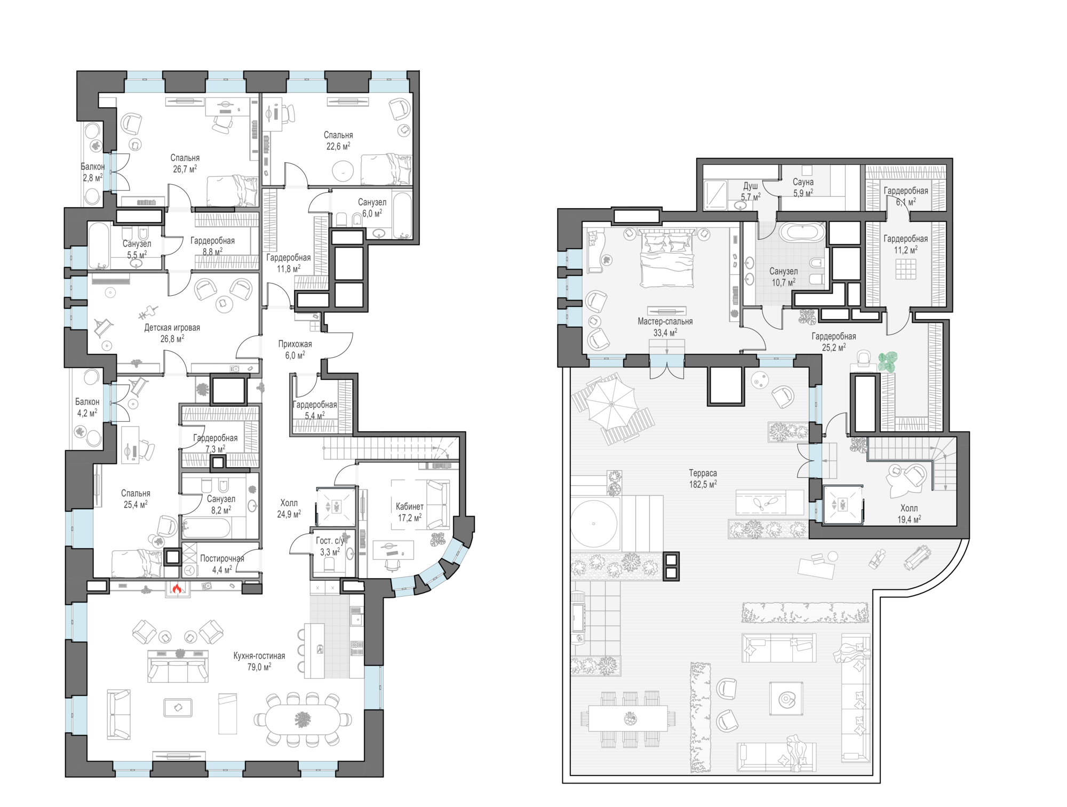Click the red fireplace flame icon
pyautogui.click(x=177, y=589)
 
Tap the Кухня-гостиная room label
pyautogui.click(x=259, y=656)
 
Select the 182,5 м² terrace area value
pyautogui.click(x=703, y=485)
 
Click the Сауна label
pyautogui.click(x=803, y=182)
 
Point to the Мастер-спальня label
pyautogui.click(x=665, y=321)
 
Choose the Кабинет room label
pyautogui.click(x=410, y=507)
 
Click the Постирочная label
pyautogui.click(x=222, y=559)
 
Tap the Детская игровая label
pyautogui.click(x=172, y=328)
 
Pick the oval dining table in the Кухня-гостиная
pyautogui.click(x=302, y=719)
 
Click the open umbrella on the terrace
pyautogui.click(x=612, y=403)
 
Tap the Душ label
pyautogui.click(x=751, y=186)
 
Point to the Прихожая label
pyautogui.click(x=295, y=344)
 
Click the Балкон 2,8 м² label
pyautogui.click(x=92, y=172)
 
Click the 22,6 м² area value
pyautogui.click(x=338, y=146)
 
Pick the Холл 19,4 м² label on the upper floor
pyautogui.click(x=909, y=513)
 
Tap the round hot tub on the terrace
pyautogui.click(x=594, y=524)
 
